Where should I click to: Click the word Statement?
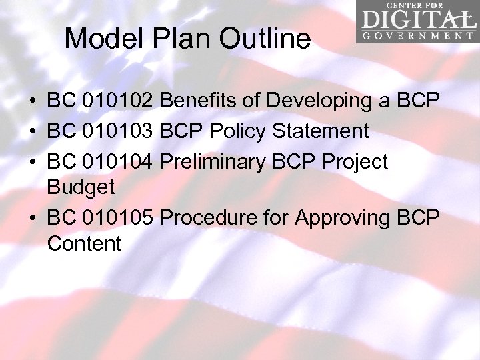pos(321,131)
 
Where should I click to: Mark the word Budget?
pos(81,188)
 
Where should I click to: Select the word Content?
pos(85,244)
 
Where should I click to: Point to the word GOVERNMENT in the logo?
pos(418,35)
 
